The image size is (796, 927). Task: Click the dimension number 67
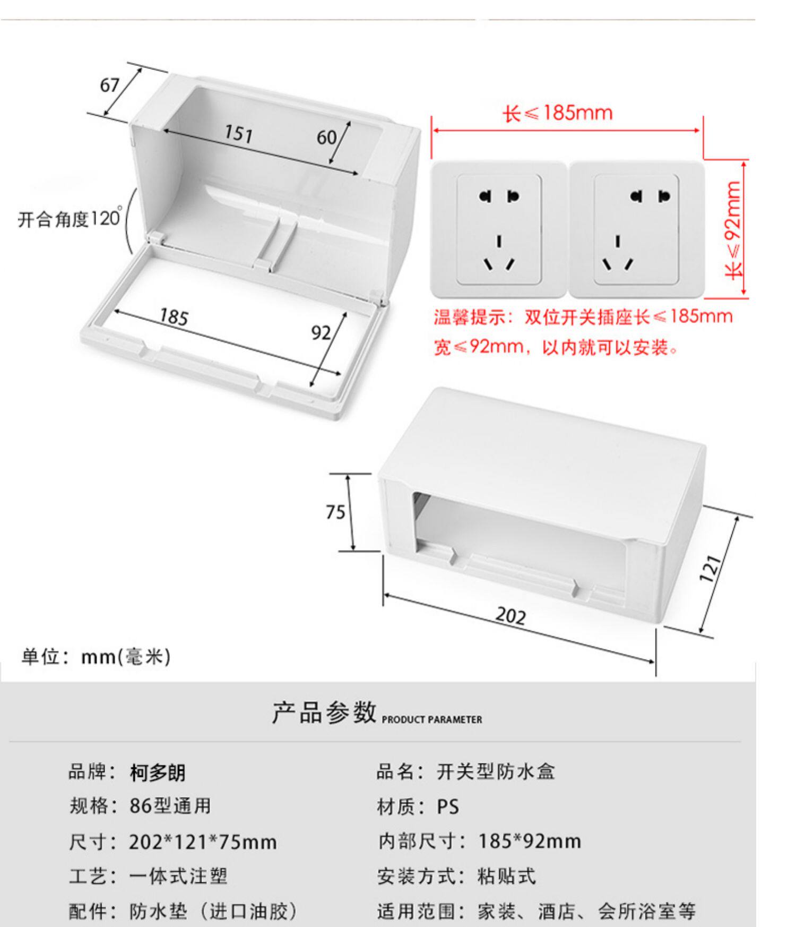(110, 85)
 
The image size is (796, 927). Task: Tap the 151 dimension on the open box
(238, 133)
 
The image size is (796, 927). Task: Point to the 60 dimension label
(326, 138)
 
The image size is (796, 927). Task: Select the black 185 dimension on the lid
(174, 317)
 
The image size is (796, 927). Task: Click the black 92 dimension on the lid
(321, 333)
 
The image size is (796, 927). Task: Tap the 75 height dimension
(335, 512)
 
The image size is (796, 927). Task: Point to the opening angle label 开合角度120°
(70, 219)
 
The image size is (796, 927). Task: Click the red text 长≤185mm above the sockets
(558, 113)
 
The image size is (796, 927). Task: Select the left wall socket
(499, 229)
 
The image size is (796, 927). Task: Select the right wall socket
(636, 229)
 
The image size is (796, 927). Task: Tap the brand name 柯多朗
(158, 772)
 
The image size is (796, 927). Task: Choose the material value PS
(448, 807)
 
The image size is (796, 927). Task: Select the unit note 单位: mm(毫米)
(96, 657)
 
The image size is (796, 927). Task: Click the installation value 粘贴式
(507, 876)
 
